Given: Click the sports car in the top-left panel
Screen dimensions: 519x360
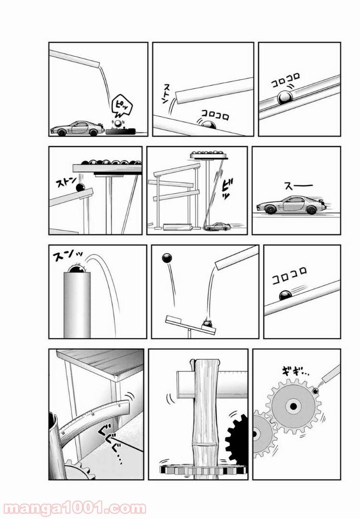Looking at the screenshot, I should (75, 128).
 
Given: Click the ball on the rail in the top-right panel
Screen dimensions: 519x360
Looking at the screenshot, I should (285, 99).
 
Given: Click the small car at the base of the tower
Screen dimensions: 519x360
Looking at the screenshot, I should (218, 225).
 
